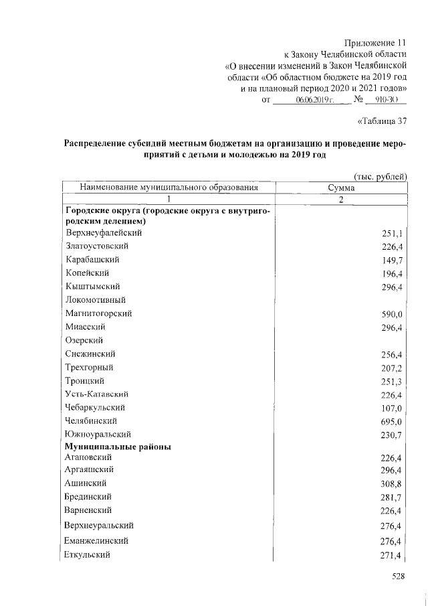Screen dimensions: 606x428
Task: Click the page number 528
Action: click(x=399, y=577)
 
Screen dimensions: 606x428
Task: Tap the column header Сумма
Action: click(x=341, y=188)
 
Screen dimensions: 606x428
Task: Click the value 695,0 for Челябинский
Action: click(x=390, y=421)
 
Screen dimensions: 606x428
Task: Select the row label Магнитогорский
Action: click(x=98, y=313)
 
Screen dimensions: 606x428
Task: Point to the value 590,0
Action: click(x=390, y=313)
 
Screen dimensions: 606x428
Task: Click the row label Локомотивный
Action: click(x=96, y=300)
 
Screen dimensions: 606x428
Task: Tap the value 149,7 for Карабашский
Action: click(x=390, y=260)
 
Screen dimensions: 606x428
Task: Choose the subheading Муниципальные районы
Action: click(x=118, y=446)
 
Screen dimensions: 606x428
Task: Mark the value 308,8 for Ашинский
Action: click(x=390, y=483)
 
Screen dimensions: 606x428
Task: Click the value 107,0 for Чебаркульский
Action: click(x=390, y=408)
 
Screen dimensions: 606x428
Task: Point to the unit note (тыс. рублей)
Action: click(x=380, y=176)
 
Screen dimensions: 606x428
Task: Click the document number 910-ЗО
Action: click(x=386, y=100)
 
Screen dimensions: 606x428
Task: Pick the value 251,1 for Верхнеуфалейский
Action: click(x=390, y=233)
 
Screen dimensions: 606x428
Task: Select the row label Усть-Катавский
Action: click(x=97, y=394)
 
